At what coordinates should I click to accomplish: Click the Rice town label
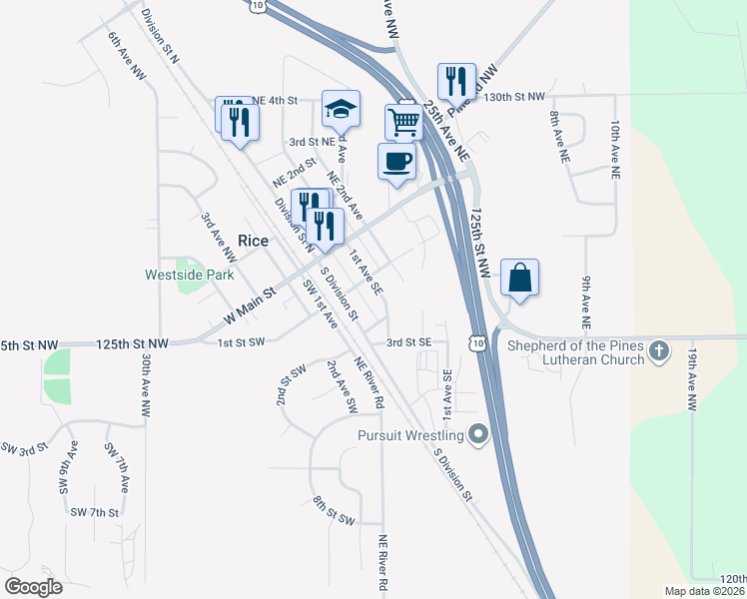[253, 240]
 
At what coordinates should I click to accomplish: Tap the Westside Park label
[189, 274]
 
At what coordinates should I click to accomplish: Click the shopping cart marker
[403, 123]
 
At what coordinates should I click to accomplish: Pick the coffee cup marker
[396, 161]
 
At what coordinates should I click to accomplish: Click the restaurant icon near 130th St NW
[455, 81]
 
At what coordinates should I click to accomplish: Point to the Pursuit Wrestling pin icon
[478, 435]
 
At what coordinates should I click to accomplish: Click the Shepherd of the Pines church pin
[658, 350]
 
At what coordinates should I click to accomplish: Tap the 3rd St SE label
[409, 342]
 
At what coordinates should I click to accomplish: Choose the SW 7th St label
[95, 512]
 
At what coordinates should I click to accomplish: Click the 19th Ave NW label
[691, 379]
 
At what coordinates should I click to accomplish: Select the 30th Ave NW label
[146, 384]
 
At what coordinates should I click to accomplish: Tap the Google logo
[33, 587]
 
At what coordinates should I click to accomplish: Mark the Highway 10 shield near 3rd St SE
[480, 342]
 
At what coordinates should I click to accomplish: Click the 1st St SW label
[242, 342]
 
